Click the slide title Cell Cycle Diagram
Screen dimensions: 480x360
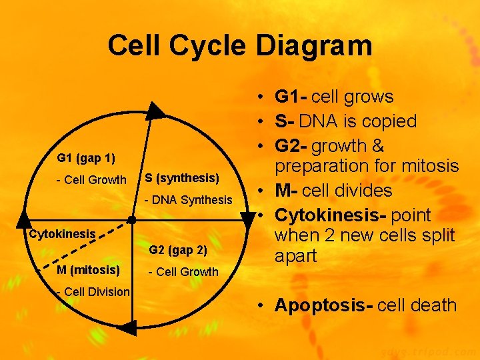pyautogui.click(x=239, y=46)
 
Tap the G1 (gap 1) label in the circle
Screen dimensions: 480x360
pyautogui.click(x=86, y=158)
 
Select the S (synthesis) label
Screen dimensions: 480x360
pyautogui.click(x=182, y=178)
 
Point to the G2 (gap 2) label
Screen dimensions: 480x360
pyautogui.click(x=178, y=250)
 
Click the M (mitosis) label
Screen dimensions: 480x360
pyautogui.click(x=89, y=269)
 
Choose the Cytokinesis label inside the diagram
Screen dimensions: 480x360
pyautogui.click(x=63, y=234)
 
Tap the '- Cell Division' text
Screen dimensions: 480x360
pyautogui.click(x=93, y=291)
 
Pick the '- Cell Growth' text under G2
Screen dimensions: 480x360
pyautogui.click(x=183, y=271)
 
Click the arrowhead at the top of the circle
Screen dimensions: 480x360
pyautogui.click(x=156, y=110)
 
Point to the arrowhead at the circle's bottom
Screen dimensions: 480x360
pyautogui.click(x=127, y=327)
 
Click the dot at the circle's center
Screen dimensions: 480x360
pyautogui.click(x=132, y=219)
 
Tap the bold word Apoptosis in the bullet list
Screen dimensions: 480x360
pyautogui.click(x=323, y=305)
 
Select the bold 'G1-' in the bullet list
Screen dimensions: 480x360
pyautogui.click(x=291, y=97)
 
